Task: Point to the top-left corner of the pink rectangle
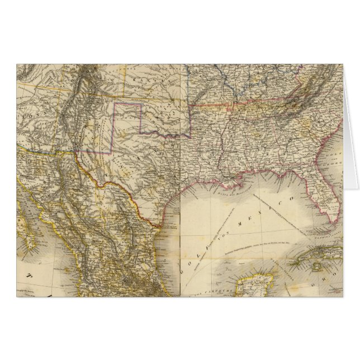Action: tap(116, 103)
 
